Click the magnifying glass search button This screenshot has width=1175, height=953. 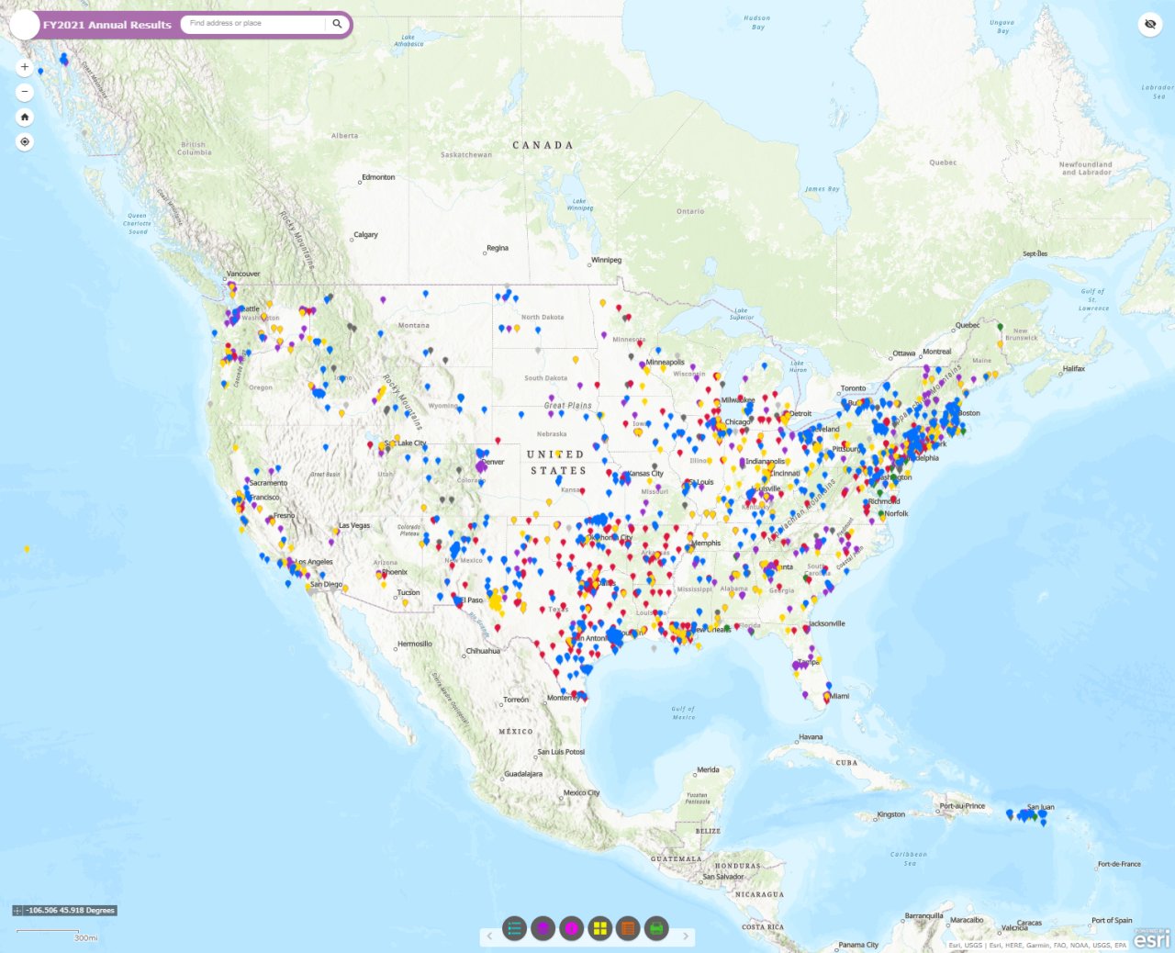(337, 24)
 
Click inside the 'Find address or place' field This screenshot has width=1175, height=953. (252, 24)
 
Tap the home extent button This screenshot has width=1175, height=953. (25, 117)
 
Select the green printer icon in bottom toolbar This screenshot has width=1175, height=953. (656, 928)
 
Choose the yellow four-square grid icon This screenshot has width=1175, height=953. (599, 928)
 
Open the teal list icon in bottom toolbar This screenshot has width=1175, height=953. (514, 928)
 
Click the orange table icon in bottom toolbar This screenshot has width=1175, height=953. (628, 928)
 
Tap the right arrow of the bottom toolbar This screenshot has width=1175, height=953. (685, 936)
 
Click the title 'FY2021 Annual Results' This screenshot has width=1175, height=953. (106, 25)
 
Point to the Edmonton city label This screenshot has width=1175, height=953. (378, 177)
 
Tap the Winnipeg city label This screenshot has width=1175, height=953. (606, 260)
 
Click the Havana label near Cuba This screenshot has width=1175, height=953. (811, 737)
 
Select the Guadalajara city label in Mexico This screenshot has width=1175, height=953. (523, 774)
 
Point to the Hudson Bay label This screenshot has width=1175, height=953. (757, 22)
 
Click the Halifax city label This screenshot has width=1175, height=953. (1074, 369)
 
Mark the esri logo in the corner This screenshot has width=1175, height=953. (1152, 937)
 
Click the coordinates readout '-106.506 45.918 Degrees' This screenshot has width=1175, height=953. (71, 911)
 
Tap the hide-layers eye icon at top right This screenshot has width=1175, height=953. (1150, 24)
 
